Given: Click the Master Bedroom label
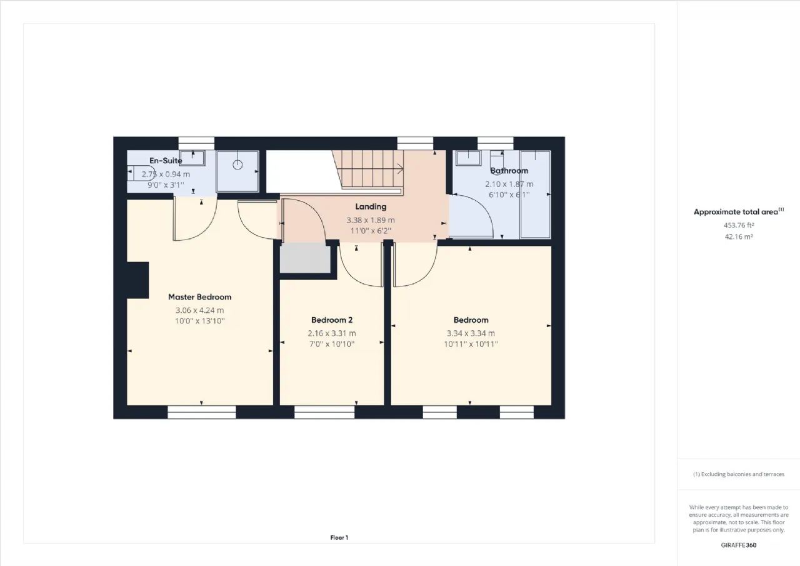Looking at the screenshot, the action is pos(199,297).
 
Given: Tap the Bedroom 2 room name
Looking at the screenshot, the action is pos(332,320).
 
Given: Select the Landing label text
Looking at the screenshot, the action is pos(371,207).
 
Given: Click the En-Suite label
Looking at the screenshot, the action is pos(166,161).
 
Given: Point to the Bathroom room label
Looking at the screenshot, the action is pos(509,171).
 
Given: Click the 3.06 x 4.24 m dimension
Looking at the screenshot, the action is pos(199,310).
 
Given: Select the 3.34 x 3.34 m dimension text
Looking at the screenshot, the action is pos(471,333).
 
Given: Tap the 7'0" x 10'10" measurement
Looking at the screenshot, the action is pos(332,344).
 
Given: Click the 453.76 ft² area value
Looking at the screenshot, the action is pos(739,225).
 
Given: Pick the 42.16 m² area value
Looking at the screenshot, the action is pos(739,236).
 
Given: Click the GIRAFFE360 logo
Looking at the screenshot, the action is pos(739,545).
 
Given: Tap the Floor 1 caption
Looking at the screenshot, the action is pos(339,537).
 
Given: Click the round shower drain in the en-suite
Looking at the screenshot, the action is pos(238,164).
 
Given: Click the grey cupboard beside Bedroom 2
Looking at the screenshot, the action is pos(305,258).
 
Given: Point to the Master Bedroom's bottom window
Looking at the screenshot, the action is pos(202,412).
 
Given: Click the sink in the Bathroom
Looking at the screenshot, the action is pos(469,158).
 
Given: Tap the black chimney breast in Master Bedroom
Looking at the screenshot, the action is pos(138,280).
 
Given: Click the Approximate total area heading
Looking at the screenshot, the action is pos(739,211).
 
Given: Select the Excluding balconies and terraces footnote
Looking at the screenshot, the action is pos(739,474).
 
